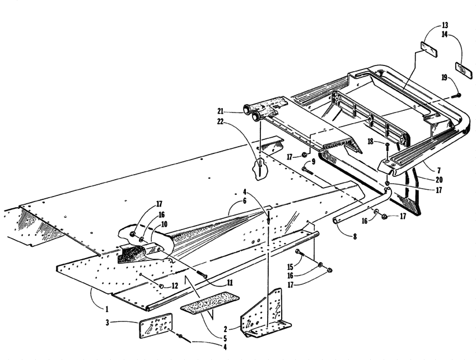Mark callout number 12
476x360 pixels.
(x=175, y=286)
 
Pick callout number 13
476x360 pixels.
(x=445, y=26)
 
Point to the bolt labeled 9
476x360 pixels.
(x=309, y=166)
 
